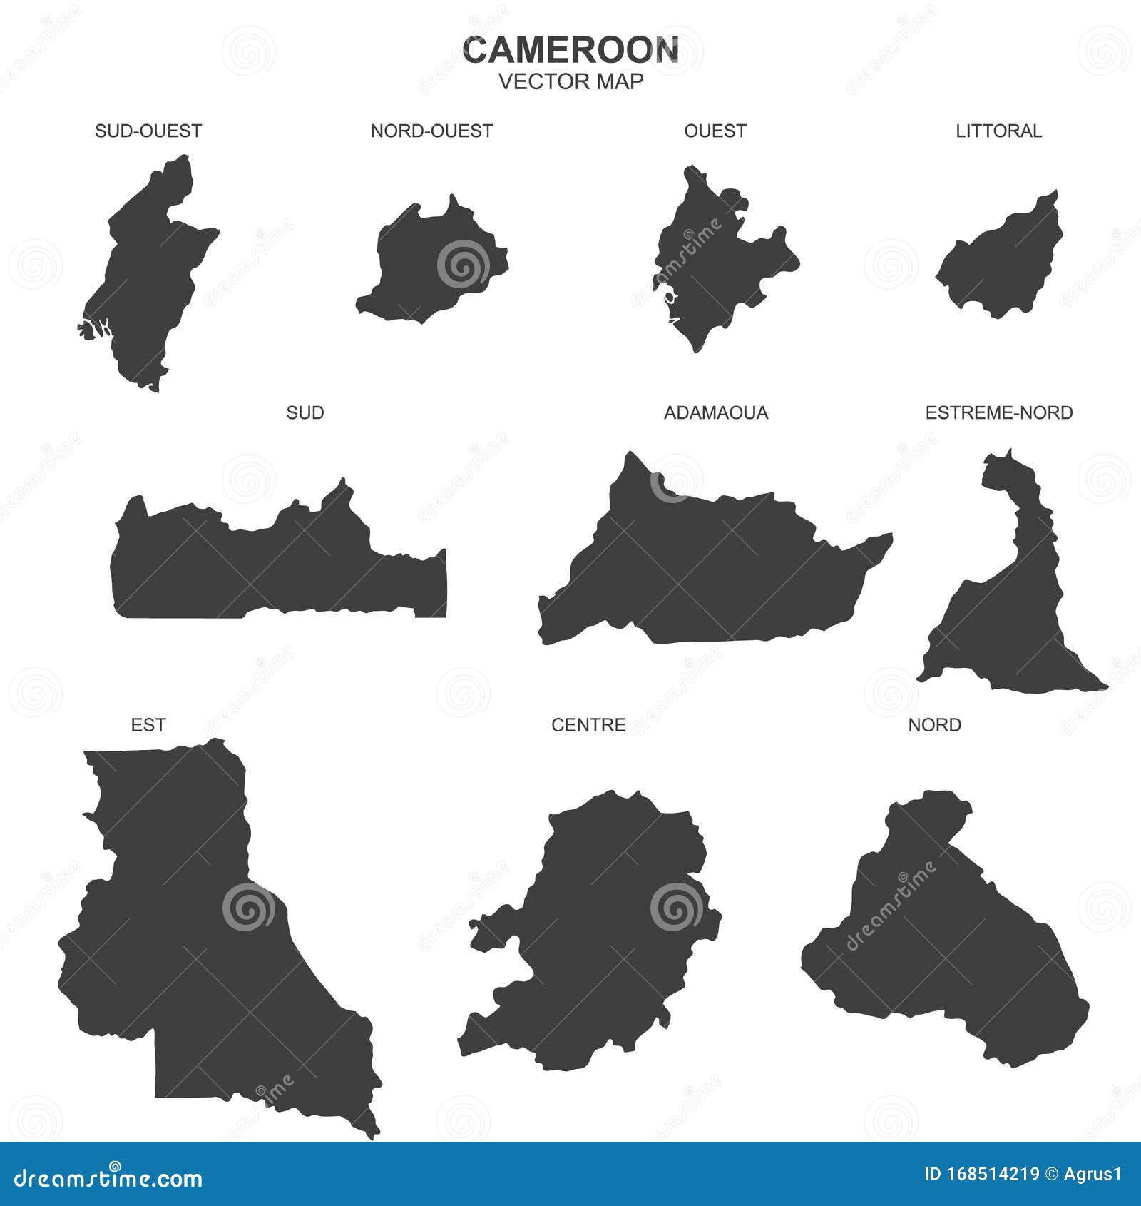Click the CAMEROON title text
pos(570,50)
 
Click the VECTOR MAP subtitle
pos(570,81)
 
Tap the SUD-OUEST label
pos(148,131)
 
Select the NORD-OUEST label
pos(431,131)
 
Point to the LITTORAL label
pos(998,131)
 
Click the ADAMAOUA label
pos(716,412)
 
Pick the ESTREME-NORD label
pos(998,412)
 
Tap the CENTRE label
pos(588,725)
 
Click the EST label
pos(148,725)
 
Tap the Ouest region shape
pos(713,264)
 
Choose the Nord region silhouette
pos(941,949)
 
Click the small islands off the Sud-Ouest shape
pos(87,330)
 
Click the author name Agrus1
pos(1093,1174)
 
